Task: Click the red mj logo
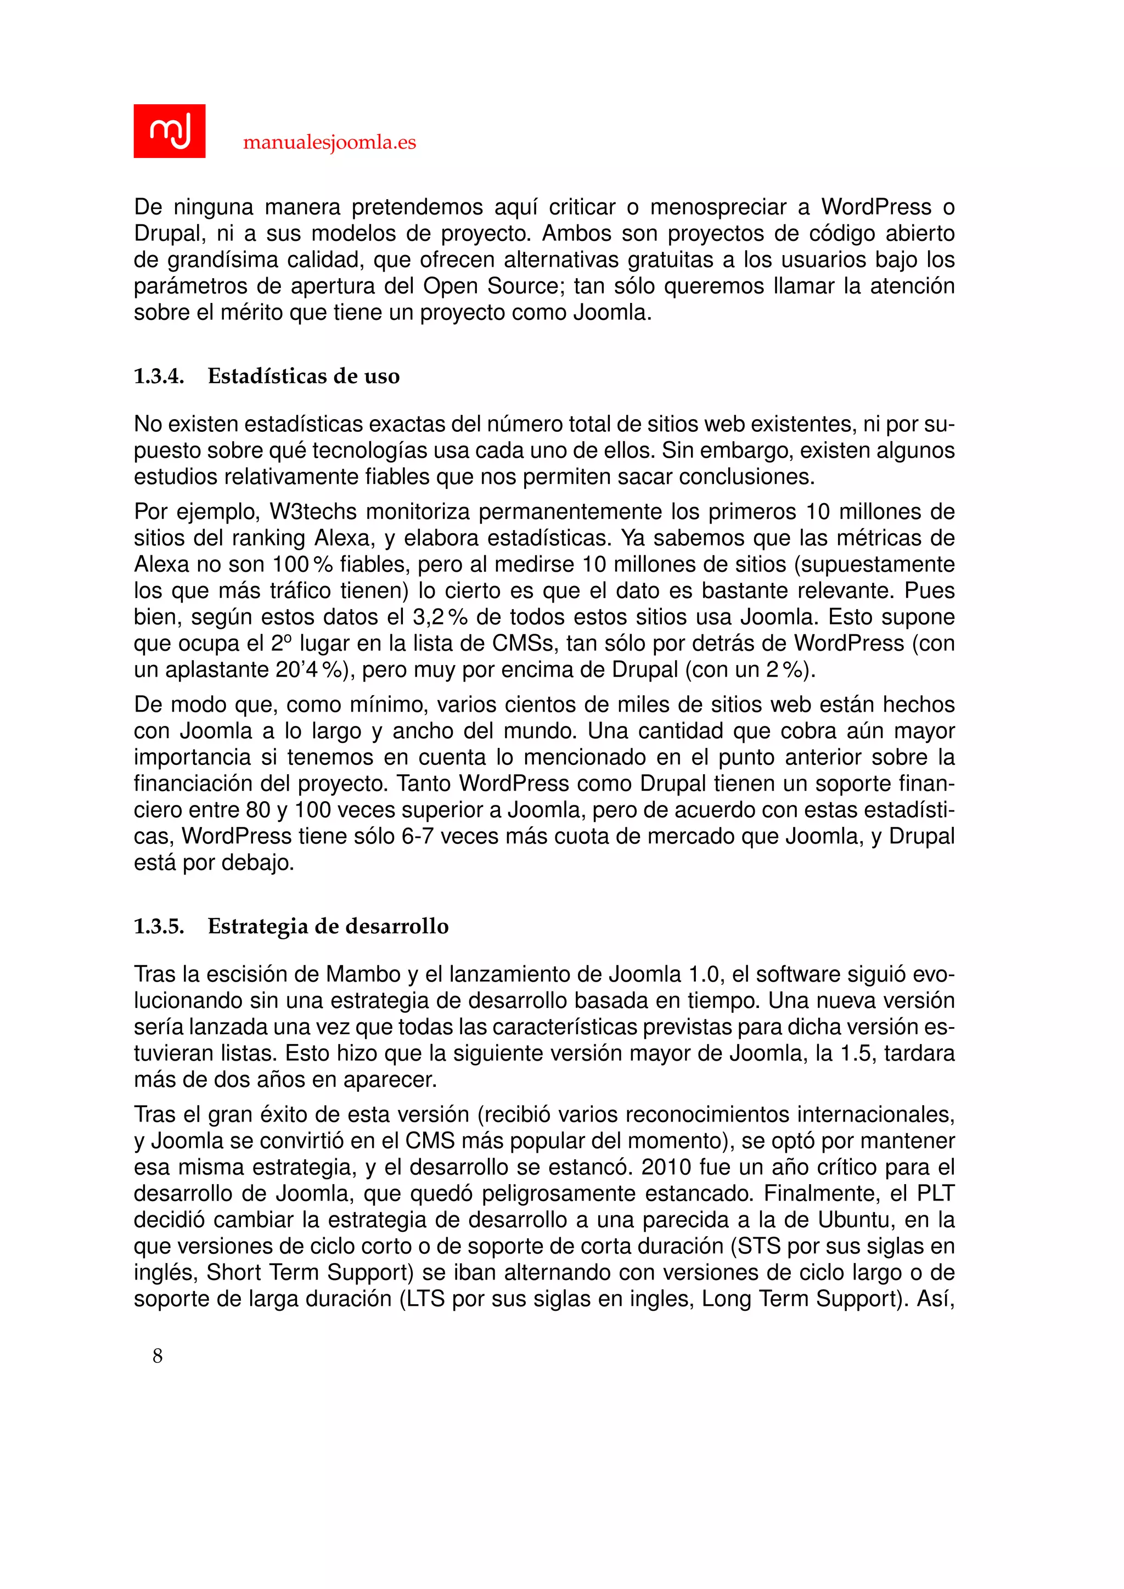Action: tap(170, 131)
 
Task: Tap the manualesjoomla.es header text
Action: tap(329, 143)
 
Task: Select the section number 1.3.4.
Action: tap(159, 376)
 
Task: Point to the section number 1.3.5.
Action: tap(159, 927)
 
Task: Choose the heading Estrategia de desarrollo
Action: tap(328, 927)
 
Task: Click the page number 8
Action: tap(158, 1356)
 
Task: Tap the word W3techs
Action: tap(313, 512)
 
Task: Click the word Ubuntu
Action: tap(854, 1219)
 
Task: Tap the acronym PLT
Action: tap(936, 1193)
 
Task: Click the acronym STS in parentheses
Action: tap(758, 1246)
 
